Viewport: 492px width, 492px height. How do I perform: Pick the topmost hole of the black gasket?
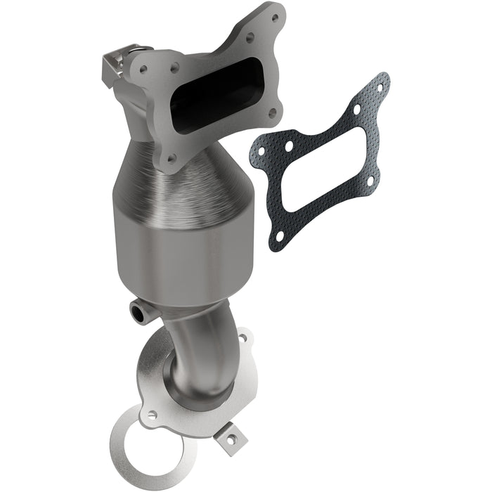379,88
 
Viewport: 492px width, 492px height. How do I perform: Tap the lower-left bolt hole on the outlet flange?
149,416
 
